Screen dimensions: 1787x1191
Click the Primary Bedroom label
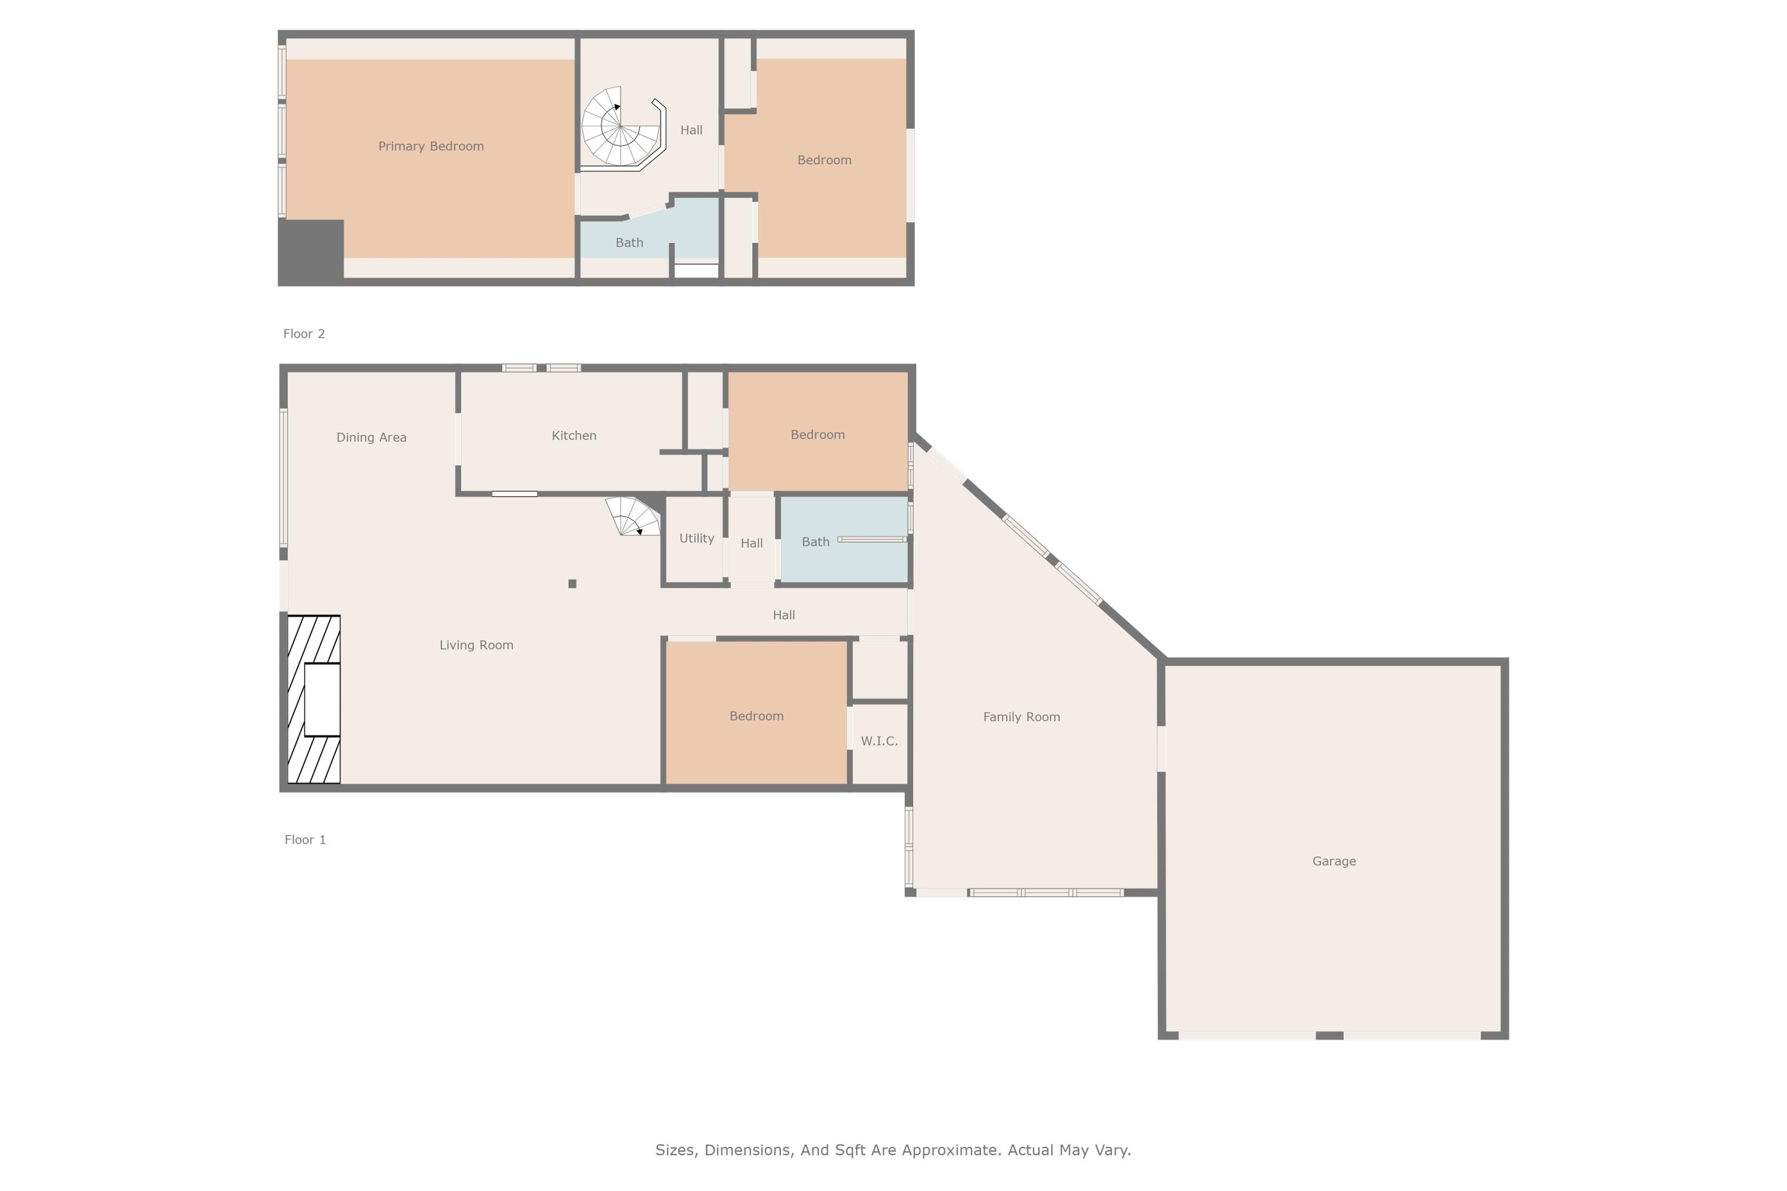(431, 146)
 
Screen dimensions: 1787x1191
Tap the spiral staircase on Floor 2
(621, 127)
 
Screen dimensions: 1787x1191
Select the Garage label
(1334, 860)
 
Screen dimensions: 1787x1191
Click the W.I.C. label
(879, 741)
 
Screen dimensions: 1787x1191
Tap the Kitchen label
(574, 435)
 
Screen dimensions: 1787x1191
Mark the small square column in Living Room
(572, 584)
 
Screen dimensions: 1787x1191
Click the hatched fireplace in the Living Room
(314, 699)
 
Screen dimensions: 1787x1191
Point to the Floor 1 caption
(304, 839)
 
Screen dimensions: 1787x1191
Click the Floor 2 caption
(304, 333)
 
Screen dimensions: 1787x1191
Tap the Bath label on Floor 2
(629, 242)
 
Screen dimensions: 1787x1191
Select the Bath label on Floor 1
(815, 541)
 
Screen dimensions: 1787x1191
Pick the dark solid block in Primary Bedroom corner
(312, 251)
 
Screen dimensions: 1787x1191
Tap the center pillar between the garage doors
(1329, 1036)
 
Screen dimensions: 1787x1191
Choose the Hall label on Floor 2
(690, 130)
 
